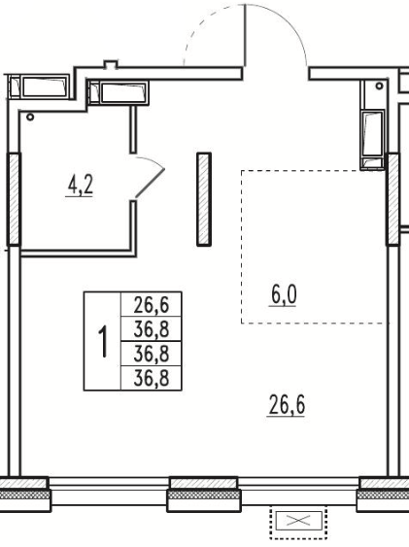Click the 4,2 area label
coord(80,186)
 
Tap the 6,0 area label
coord(284,295)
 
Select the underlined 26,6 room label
coord(287,405)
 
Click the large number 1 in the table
coord(103,341)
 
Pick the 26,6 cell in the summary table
coord(151,305)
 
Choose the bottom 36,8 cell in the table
coord(151,378)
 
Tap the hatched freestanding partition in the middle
coord(204,199)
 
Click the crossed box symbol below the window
coord(298,521)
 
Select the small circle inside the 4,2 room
coord(30,118)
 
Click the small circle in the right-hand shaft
coord(379,85)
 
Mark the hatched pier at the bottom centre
coord(204,494)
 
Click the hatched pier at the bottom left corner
coord(24,494)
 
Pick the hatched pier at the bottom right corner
coord(383,494)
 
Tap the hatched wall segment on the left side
coord(14,199)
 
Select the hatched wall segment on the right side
coord(392,199)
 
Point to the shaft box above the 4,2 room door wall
coord(119,93)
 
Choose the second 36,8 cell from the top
coord(151,329)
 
